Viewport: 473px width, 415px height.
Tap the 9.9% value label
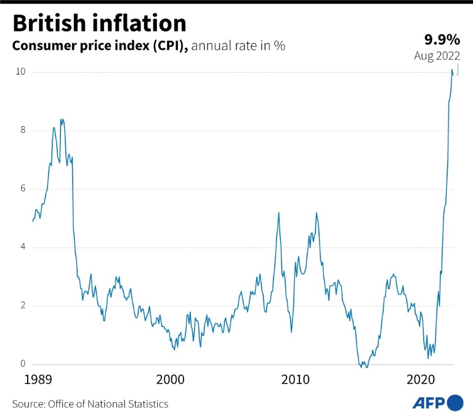442,41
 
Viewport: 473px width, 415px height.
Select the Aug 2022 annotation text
437,56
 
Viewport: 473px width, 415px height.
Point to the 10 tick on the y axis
20,72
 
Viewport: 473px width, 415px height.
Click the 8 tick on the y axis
23,131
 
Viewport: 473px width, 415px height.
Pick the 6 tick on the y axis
23,189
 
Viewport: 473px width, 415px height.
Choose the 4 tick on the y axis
23,248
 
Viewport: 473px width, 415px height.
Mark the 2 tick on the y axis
23,306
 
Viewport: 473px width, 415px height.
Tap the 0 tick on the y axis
23,365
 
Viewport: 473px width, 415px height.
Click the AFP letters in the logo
428,403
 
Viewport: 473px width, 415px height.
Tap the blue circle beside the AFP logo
455,403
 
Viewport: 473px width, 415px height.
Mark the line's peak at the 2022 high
452,70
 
